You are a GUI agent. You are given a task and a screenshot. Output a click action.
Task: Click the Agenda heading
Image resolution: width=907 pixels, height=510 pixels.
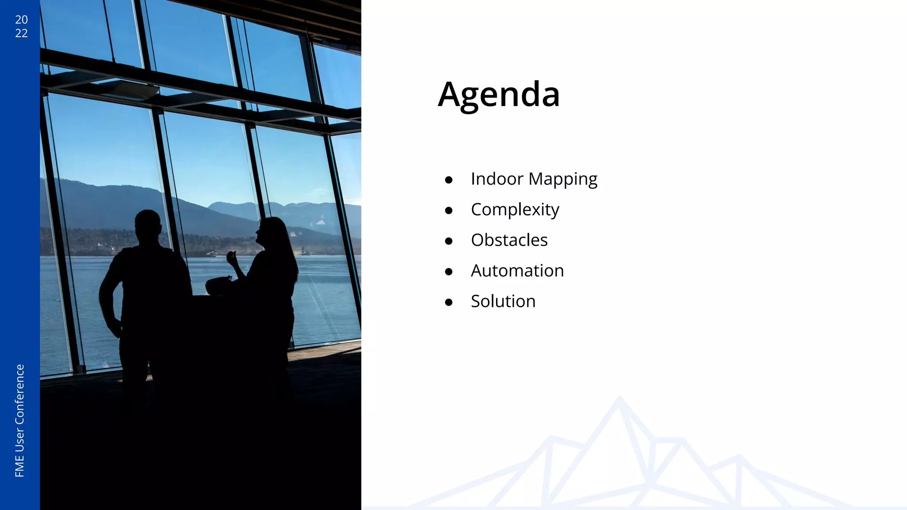(x=499, y=94)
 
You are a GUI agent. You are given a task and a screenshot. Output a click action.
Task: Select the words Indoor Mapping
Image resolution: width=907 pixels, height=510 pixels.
(x=534, y=179)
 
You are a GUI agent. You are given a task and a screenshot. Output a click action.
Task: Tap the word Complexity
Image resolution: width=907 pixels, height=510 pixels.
(x=515, y=210)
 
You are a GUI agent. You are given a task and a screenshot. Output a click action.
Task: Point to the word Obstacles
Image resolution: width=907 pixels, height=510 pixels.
(x=509, y=240)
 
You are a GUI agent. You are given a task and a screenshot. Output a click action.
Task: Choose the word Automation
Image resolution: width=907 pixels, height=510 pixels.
(x=517, y=271)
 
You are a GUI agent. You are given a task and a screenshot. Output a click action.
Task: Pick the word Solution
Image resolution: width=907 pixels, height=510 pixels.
(x=503, y=301)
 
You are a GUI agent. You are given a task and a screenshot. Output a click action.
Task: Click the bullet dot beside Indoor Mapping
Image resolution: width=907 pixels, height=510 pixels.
(x=449, y=180)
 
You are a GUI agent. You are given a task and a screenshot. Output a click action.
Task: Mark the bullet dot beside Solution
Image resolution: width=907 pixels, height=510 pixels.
(x=449, y=302)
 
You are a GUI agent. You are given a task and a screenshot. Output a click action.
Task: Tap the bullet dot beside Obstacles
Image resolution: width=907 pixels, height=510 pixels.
(x=449, y=241)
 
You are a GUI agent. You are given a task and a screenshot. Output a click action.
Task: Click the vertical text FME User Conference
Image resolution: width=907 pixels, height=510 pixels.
(x=20, y=421)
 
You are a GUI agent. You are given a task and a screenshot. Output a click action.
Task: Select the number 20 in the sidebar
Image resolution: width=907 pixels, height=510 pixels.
(x=21, y=19)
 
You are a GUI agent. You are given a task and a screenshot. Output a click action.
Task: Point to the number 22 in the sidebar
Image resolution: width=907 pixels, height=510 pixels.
(x=21, y=33)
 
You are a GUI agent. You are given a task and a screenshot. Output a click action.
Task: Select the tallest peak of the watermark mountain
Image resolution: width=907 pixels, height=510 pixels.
(x=619, y=398)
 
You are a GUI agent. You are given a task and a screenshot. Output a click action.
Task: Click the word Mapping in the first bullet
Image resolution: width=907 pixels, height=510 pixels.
(x=562, y=179)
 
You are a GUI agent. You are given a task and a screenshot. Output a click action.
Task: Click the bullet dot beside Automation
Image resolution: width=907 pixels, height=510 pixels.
(x=449, y=272)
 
